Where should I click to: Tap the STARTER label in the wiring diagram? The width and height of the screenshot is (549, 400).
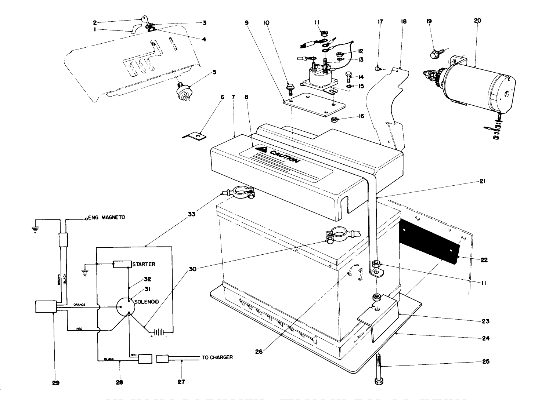(x=144, y=264)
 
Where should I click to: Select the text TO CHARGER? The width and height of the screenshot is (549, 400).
(x=217, y=357)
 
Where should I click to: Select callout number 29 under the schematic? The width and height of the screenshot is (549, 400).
(x=55, y=382)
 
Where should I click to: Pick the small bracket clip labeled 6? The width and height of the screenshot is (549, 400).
(x=195, y=137)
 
